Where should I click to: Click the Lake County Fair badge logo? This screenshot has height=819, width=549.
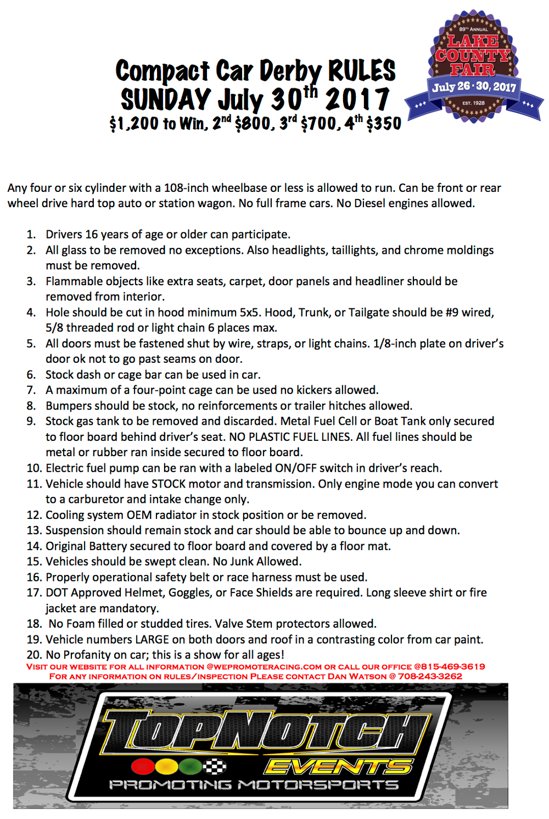tap(473, 66)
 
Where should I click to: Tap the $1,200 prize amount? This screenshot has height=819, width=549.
tap(134, 123)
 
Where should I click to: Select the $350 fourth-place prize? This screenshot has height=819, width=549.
tap(384, 123)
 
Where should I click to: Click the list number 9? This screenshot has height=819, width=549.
tap(31, 422)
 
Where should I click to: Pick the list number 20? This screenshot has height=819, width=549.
tap(34, 655)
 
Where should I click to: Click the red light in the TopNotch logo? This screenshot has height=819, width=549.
tap(142, 766)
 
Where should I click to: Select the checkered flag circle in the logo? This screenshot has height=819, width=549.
tap(215, 766)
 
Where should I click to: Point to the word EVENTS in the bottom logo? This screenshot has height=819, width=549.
tap(338, 766)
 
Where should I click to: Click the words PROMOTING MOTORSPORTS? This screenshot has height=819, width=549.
tap(254, 785)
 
